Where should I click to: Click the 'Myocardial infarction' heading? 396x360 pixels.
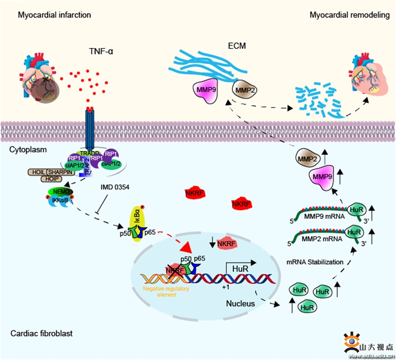[x=55, y=15]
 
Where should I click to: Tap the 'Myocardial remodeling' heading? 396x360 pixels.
[x=349, y=15]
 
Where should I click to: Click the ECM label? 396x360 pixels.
[x=237, y=45]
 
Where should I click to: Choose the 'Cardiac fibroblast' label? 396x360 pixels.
[x=41, y=333]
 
